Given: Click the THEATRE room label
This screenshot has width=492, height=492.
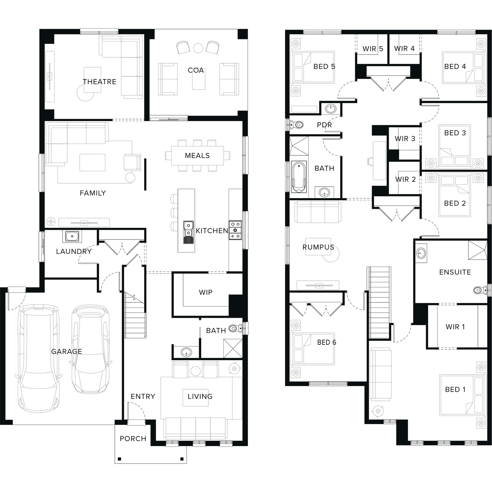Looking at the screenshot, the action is [x=99, y=82].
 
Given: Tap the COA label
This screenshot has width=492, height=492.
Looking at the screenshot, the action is [x=196, y=70].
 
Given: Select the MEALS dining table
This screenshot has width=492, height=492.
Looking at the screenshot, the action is [x=197, y=155].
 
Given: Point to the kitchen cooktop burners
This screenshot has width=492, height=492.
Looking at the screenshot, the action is [x=236, y=230].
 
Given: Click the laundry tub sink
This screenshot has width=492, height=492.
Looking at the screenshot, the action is [x=72, y=236].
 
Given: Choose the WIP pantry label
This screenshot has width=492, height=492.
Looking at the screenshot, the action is [x=206, y=292].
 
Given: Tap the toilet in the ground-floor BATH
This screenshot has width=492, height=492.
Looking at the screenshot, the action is [x=236, y=328].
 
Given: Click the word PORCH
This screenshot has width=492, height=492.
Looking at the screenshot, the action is [x=133, y=439].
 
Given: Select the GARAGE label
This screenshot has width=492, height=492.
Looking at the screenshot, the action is [x=67, y=351].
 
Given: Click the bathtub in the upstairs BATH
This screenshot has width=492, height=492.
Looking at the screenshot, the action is [x=299, y=176].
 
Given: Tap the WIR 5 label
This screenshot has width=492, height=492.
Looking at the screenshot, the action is [x=373, y=49].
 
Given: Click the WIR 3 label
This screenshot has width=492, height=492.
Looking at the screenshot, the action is [x=405, y=139].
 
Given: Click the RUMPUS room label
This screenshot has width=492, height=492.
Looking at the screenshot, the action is [x=318, y=247].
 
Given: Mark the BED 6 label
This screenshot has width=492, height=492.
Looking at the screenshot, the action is [x=327, y=342].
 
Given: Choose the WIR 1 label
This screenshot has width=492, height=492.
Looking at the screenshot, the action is [x=455, y=327].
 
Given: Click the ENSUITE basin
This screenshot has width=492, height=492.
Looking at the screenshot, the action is [x=421, y=253].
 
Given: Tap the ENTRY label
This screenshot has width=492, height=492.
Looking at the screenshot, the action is [x=143, y=397].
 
